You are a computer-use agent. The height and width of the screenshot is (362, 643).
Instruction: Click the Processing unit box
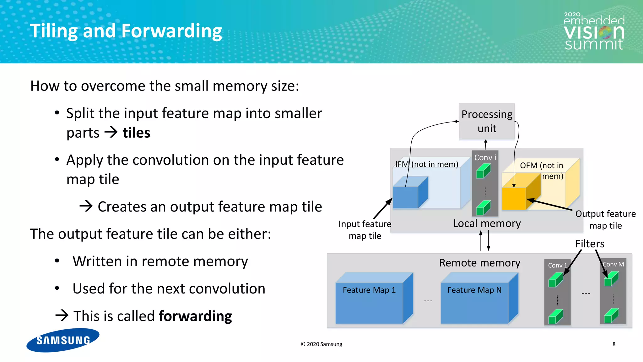point(487,121)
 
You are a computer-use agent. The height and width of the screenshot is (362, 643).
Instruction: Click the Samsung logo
point(63,340)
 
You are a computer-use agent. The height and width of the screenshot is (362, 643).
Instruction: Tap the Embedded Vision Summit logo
point(594,31)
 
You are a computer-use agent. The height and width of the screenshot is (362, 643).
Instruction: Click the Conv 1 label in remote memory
point(557,265)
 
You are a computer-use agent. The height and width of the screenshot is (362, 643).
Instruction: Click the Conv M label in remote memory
point(613,264)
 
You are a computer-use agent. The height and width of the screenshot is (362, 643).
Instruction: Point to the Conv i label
point(485,157)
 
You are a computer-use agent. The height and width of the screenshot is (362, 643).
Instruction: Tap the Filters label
point(590,244)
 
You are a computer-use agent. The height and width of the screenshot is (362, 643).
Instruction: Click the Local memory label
point(487,223)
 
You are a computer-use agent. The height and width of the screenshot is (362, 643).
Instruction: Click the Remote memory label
point(479,263)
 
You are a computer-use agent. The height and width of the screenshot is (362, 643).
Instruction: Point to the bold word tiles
point(136,133)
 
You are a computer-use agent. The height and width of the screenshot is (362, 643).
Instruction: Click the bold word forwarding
point(195,316)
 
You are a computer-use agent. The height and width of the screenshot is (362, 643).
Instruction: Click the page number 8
point(614,344)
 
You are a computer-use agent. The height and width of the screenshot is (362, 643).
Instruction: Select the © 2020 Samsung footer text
point(321,344)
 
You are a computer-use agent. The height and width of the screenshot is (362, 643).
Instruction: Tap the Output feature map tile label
point(605,220)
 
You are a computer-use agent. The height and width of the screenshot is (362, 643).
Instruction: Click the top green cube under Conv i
point(483,172)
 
